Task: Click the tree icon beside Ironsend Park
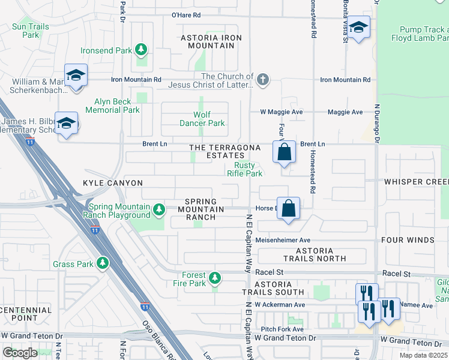(141, 50)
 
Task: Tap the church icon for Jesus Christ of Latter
(262, 79)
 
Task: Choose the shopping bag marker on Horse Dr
(289, 209)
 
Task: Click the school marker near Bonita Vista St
(358, 28)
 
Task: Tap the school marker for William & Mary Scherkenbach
(76, 76)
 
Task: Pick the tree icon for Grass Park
(103, 263)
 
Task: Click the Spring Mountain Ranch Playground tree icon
(159, 209)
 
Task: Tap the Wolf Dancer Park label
(202, 119)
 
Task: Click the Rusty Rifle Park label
(244, 170)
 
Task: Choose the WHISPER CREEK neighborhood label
(416, 181)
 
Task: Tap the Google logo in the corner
(20, 352)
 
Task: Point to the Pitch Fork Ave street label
(282, 329)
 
